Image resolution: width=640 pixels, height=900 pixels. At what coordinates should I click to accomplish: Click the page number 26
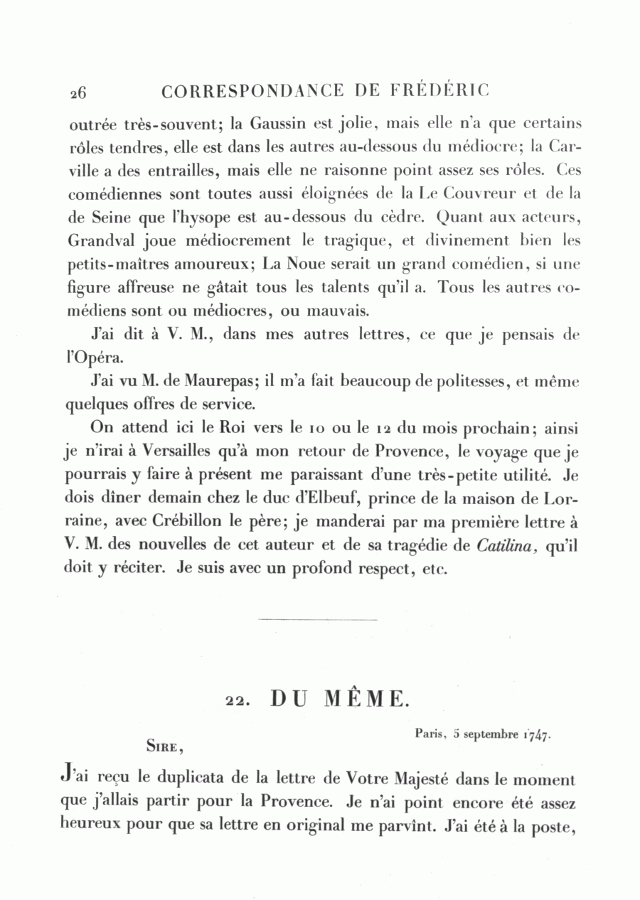pyautogui.click(x=78, y=92)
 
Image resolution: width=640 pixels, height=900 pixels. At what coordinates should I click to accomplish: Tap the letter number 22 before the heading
pyautogui.click(x=234, y=701)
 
